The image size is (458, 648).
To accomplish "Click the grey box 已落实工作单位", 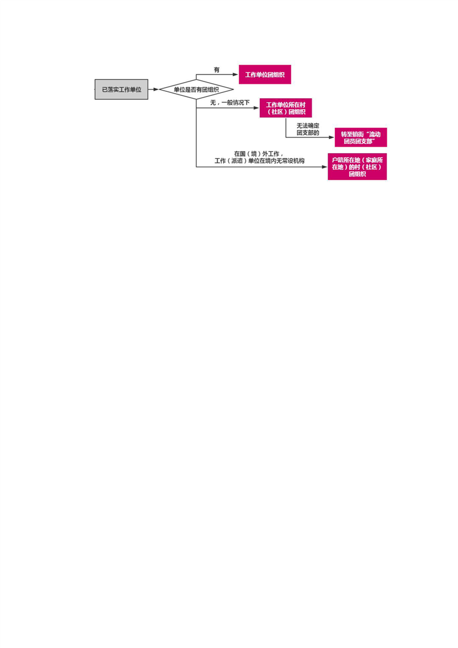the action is pos(121,90).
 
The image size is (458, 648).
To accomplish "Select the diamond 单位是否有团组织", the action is pos(196,90).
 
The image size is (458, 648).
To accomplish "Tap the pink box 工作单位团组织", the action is pos(265,75).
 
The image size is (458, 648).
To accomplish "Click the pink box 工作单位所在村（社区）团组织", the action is pos(286,108).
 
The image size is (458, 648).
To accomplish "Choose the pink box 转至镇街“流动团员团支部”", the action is pos(361,137).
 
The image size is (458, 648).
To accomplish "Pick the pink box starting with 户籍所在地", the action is pos(358,167).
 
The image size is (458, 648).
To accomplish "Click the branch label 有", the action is pos(217,70).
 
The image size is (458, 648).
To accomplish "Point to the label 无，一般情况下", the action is pos(230,102).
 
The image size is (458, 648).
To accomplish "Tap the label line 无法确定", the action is pos(308,126).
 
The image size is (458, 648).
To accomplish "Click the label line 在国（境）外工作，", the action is pos(259,154).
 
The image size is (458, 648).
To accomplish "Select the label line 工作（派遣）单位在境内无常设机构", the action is pos(259,161).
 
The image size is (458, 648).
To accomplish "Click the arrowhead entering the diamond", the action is pos(157,90).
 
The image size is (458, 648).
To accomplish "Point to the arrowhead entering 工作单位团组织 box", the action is pos(236,75).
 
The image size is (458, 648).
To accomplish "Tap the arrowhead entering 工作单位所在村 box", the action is pos(256,108).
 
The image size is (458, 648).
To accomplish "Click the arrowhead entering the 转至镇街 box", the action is pos(332,137).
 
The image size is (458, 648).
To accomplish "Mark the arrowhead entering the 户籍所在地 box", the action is pos(325,167).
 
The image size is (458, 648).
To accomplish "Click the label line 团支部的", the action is pos(308,133).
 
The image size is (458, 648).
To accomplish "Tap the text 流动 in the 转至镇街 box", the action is pos(374,135).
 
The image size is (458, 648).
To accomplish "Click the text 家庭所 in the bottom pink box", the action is pos(374,160).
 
